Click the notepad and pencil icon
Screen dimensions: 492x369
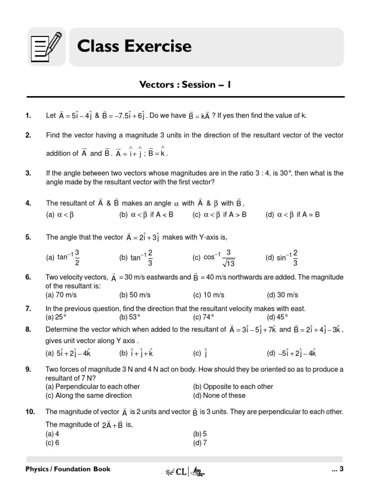click(x=47, y=47)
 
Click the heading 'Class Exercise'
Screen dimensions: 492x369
click(x=134, y=46)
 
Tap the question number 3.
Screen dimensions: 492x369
click(x=28, y=173)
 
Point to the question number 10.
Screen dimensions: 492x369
click(x=30, y=412)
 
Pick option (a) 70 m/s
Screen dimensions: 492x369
click(x=61, y=295)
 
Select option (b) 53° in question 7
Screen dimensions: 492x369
click(x=130, y=317)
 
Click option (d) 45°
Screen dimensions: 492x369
click(x=277, y=317)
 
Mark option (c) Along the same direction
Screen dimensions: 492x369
click(x=88, y=395)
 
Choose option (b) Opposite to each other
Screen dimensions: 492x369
click(x=233, y=386)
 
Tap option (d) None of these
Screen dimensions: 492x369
click(x=219, y=395)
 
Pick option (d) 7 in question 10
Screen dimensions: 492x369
click(x=200, y=443)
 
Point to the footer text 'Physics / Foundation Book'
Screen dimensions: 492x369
click(x=68, y=469)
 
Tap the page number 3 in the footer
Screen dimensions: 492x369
click(x=341, y=469)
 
